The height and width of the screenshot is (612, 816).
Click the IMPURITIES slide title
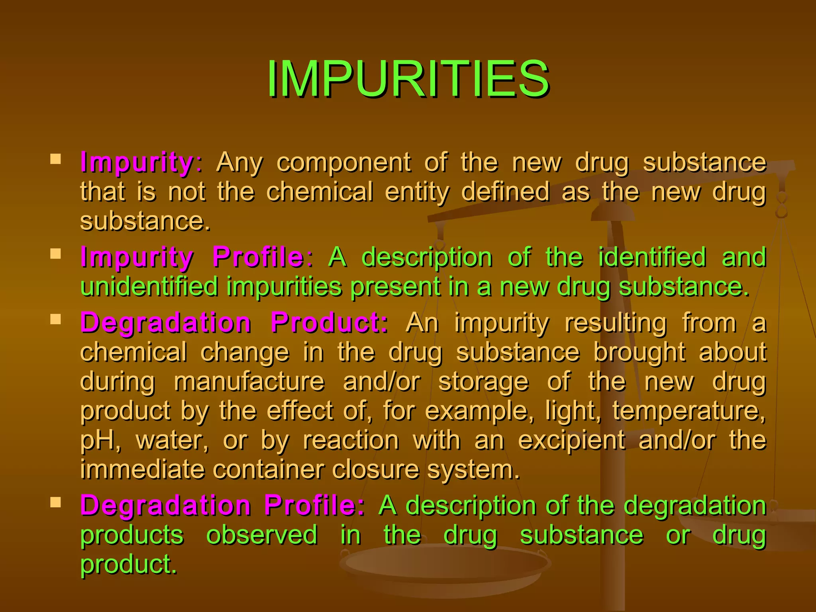tap(408, 78)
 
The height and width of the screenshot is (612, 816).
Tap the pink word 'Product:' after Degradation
tap(329, 322)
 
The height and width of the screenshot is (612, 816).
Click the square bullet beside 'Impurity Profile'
tap(56, 254)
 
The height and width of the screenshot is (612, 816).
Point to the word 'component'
tap(343, 163)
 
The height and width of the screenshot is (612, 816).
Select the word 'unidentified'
tap(149, 286)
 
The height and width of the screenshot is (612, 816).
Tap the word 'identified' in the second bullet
tap(652, 257)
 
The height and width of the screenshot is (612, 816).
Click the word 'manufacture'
tap(249, 381)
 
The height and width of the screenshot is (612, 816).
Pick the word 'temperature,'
tap(689, 411)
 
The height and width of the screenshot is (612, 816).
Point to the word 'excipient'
tap(571, 440)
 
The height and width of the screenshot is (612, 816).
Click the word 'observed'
tap(262, 535)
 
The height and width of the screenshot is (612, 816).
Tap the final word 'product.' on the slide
tap(129, 564)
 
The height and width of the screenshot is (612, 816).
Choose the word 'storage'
tap(483, 381)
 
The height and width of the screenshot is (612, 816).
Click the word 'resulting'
tap(616, 322)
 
